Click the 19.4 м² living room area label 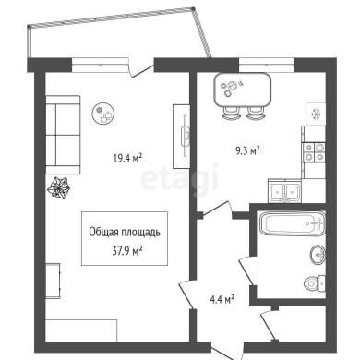[127, 158]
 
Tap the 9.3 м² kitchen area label [247, 150]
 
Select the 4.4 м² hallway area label [222, 299]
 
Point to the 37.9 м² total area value [126, 252]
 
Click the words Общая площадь [125, 233]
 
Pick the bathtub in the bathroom [292, 223]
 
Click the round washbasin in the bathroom [318, 255]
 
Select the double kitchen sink [284, 191]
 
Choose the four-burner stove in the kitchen [314, 152]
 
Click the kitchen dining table [243, 90]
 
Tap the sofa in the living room [63, 135]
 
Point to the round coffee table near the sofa [104, 114]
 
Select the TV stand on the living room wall [181, 136]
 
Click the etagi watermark [180, 180]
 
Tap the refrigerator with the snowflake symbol [316, 114]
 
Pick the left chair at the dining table [231, 113]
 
